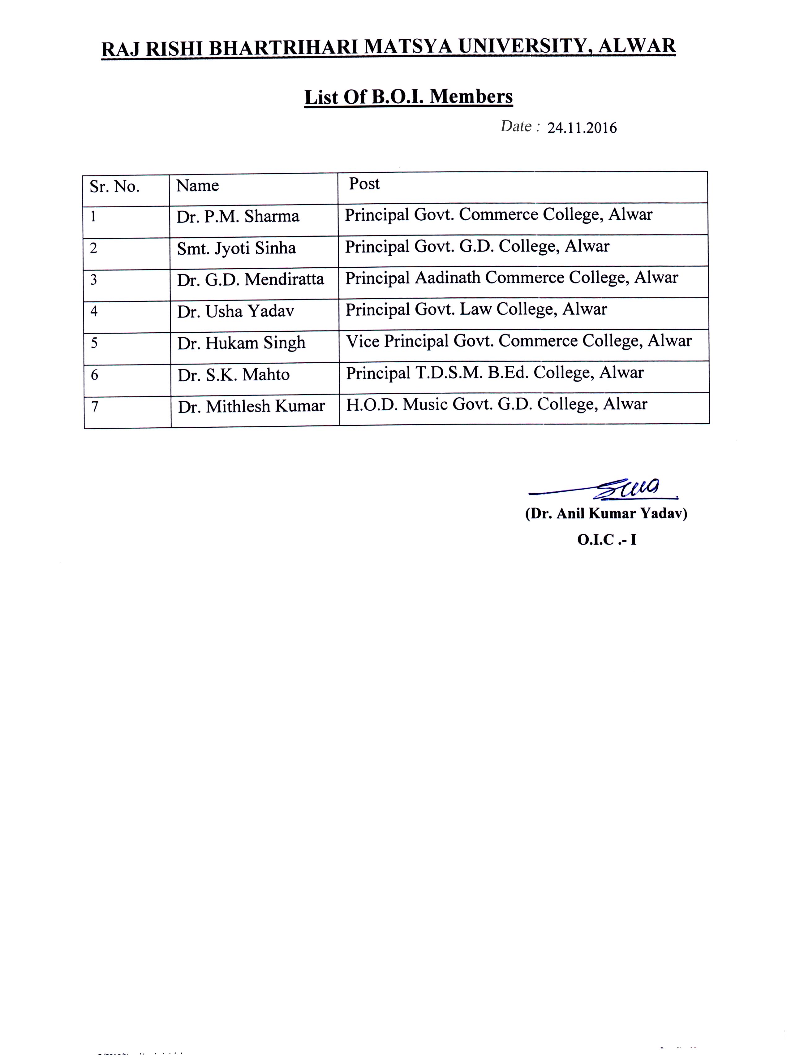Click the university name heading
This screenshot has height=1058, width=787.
pos(388,48)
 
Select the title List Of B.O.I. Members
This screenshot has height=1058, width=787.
pos(408,97)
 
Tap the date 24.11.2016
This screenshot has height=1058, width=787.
pos(582,128)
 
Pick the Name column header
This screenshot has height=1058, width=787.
pos(197,185)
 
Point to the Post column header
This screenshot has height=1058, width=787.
pos(364,184)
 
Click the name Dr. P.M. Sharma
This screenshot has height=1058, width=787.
pos(238,216)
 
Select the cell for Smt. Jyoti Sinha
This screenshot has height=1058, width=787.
pos(236,248)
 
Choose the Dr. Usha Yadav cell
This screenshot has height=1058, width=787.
pos(235,311)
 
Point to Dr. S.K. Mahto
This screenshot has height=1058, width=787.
pos(234,375)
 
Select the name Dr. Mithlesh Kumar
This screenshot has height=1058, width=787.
pos(251,406)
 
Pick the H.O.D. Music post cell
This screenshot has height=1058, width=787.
pos(497,404)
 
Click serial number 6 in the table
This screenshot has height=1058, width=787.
pos(94,375)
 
